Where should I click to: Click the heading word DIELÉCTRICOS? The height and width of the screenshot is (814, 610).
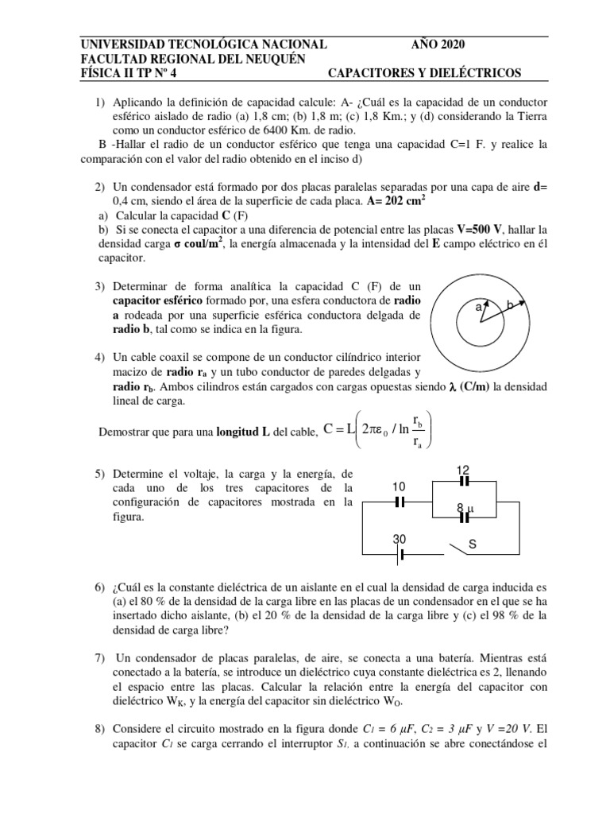click(475, 74)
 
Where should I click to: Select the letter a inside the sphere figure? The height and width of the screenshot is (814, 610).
click(478, 306)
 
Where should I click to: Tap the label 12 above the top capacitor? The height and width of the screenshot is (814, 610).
click(463, 471)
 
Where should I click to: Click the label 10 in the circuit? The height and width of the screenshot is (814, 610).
click(400, 486)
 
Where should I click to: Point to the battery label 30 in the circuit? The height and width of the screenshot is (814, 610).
click(400, 540)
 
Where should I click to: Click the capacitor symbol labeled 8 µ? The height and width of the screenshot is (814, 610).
click(465, 517)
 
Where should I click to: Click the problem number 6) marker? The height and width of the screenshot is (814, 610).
click(99, 587)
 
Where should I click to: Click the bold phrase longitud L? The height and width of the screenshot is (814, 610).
click(241, 432)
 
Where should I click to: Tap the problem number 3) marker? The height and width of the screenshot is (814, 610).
click(99, 286)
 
